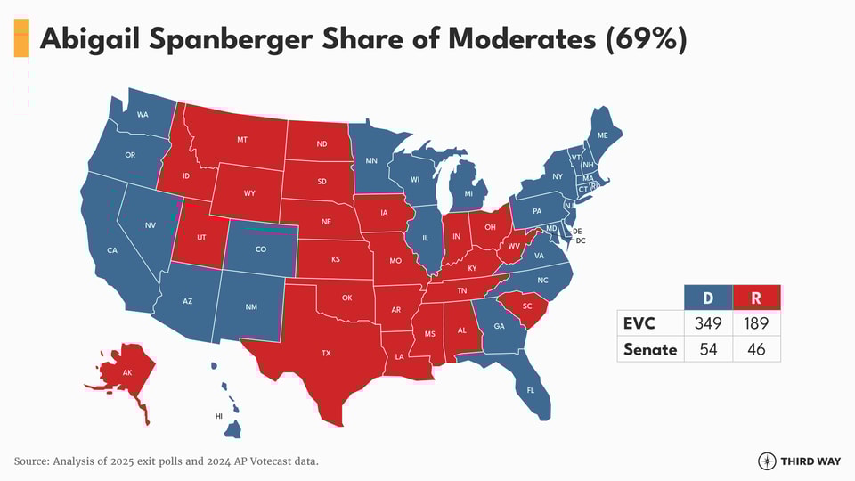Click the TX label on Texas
[326, 354]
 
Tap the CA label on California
[112, 250]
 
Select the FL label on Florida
[531, 391]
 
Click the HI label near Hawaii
[219, 416]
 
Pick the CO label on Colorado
[261, 249]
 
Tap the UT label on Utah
[201, 238]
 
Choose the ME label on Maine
[603, 135]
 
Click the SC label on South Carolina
[527, 306]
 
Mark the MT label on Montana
[242, 140]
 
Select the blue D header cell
[708, 298]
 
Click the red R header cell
[756, 298]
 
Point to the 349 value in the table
[708, 323]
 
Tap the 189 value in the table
[756, 323]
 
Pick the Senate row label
[650, 349]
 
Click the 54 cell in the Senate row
[708, 349]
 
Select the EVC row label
[639, 323]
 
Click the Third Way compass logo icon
[767, 461]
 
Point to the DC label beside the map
[581, 240]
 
